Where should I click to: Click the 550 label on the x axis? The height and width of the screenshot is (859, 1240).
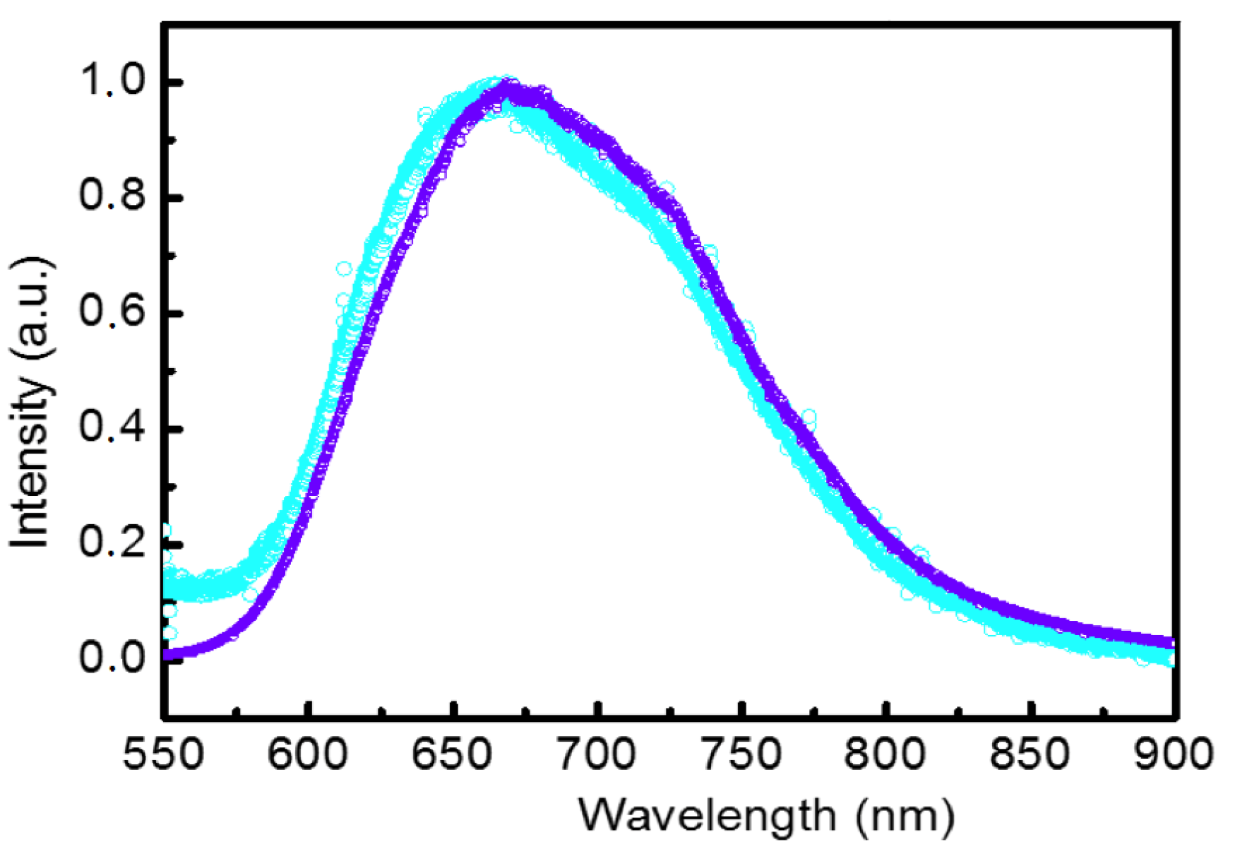pyautogui.click(x=163, y=754)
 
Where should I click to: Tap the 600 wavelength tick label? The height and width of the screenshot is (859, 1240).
pyautogui.click(x=308, y=754)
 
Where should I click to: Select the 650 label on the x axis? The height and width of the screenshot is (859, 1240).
pyautogui.click(x=453, y=754)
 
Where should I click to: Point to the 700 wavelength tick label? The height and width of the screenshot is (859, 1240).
pyautogui.click(x=597, y=754)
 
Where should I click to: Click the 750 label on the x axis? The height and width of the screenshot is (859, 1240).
pyautogui.click(x=742, y=754)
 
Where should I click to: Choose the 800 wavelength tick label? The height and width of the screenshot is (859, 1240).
pyautogui.click(x=886, y=754)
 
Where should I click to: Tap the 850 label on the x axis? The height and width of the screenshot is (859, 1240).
pyautogui.click(x=1030, y=754)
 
